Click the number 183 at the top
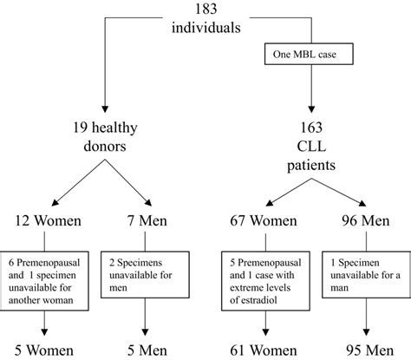click(x=205, y=10)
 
